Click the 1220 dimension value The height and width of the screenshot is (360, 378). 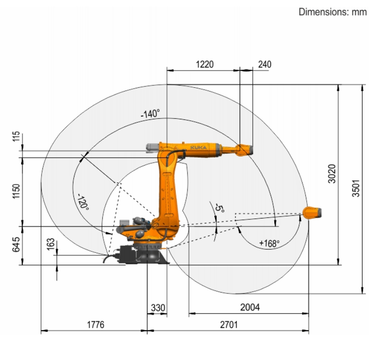(x=205, y=65)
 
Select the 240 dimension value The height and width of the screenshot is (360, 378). (x=265, y=65)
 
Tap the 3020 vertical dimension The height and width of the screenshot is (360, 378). (x=332, y=174)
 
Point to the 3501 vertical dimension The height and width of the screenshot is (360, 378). (x=356, y=188)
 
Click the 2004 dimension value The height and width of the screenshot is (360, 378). (x=250, y=308)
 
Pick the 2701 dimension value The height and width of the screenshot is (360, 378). (x=229, y=325)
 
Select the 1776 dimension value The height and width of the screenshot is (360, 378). (x=96, y=325)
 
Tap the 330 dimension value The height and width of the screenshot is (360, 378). (x=158, y=308)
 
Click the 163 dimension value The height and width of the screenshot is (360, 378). (x=50, y=244)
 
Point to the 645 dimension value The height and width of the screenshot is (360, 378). (x=16, y=244)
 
